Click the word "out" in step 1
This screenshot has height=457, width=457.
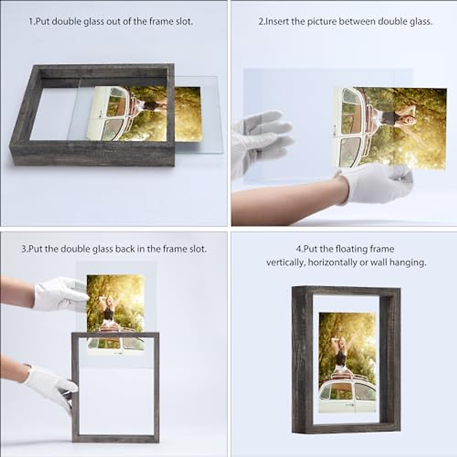[x=110, y=21]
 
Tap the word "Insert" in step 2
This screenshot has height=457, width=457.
[x=277, y=21]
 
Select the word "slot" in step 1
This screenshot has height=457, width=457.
[x=184, y=21]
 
